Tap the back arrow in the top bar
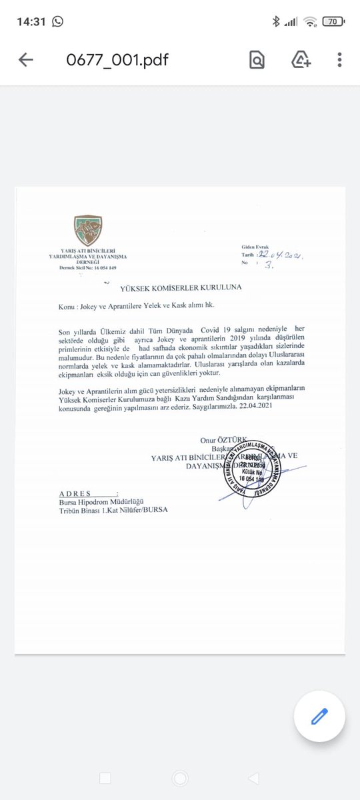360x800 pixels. coord(26,60)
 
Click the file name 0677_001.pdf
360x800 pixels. coord(117,60)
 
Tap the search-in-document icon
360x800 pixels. coord(257,60)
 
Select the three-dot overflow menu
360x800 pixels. coord(339,60)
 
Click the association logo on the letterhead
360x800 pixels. coord(88,231)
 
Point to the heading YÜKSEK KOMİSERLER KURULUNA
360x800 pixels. coord(181,287)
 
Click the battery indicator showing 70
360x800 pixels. coord(331,21)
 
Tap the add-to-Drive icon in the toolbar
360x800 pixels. coord(301,60)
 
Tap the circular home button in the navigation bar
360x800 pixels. coord(179,777)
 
